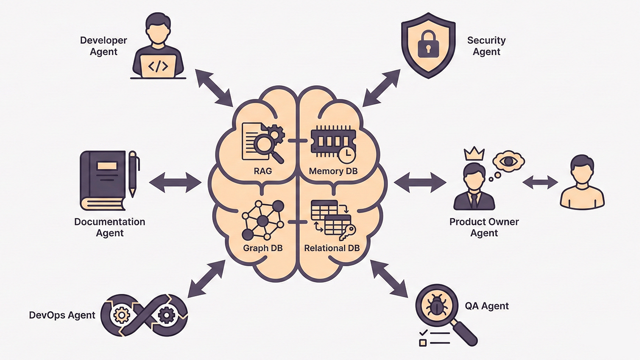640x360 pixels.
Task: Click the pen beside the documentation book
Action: pyautogui.click(x=133, y=173)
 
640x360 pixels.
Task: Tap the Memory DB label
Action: pyautogui.click(x=333, y=171)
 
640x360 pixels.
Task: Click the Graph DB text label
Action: pyautogui.click(x=262, y=248)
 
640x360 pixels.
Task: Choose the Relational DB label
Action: pyautogui.click(x=332, y=248)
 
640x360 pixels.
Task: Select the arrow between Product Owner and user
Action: pyautogui.click(x=540, y=183)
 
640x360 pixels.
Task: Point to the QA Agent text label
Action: pyautogui.click(x=487, y=306)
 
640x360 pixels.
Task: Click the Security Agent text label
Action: pyautogui.click(x=486, y=46)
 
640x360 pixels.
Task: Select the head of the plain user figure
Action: pyautogui.click(x=581, y=167)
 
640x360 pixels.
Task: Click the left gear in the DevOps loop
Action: pyautogui.click(x=120, y=315)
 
